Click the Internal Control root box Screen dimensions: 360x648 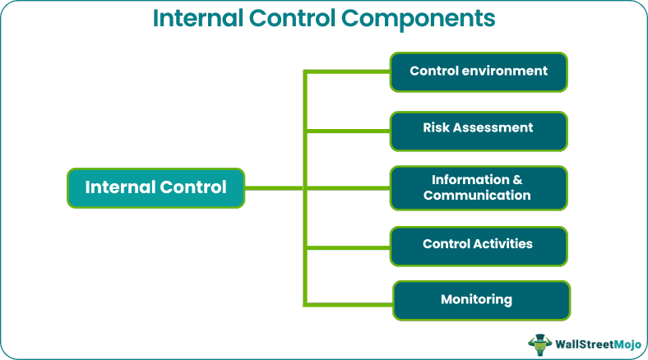[155, 187]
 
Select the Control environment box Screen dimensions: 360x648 [479, 72]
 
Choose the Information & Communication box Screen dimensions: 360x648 [479, 187]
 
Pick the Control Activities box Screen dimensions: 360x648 [479, 244]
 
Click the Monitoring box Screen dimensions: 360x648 [480, 300]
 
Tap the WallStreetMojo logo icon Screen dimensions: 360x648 [539, 343]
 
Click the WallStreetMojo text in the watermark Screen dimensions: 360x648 [595, 344]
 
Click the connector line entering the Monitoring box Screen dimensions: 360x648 [349, 303]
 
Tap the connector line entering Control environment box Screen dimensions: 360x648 [347, 72]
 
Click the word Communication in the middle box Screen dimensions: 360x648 [477, 196]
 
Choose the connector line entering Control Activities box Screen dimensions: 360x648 [347, 246]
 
